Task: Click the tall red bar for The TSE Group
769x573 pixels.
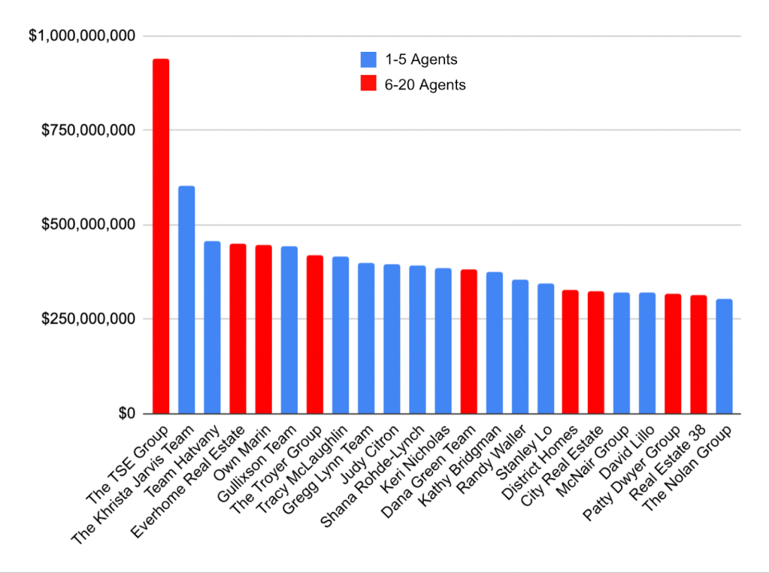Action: tap(161, 236)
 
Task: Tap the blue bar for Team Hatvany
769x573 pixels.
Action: tap(212, 327)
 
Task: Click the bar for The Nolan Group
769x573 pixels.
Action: tap(724, 356)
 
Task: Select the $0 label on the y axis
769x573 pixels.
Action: tap(124, 414)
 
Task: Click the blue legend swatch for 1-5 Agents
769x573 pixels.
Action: tap(368, 59)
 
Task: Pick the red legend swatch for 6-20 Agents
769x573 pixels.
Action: tap(368, 85)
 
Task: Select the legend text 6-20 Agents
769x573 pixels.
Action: tap(431, 85)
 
